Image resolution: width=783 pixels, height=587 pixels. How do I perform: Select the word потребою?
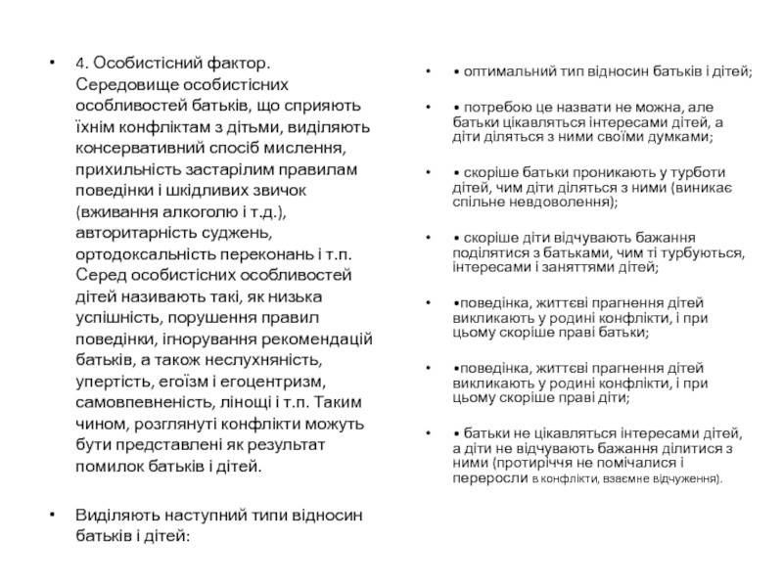click(x=495, y=107)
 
